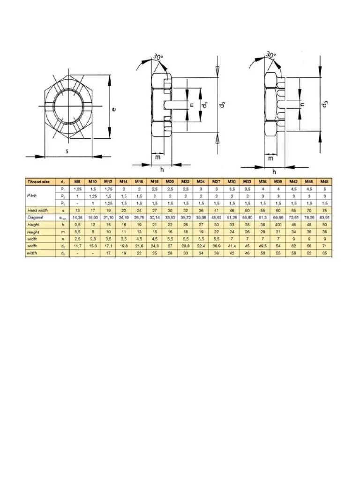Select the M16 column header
coord(139,181)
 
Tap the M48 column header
coord(323,181)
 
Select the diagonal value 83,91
coord(323,217)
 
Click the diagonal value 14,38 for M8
coord(77,217)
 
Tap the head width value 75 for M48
coord(323,210)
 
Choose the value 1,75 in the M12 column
coord(108,188)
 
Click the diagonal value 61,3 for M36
coord(262,217)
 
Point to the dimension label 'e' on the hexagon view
coord(114,109)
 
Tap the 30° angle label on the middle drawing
coord(157,58)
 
